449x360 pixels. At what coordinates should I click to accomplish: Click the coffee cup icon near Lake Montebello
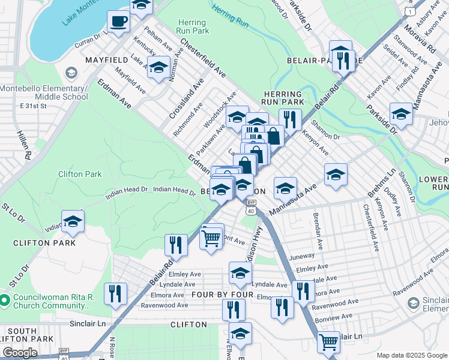click(x=118, y=22)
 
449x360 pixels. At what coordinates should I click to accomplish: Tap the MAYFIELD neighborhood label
click(x=106, y=61)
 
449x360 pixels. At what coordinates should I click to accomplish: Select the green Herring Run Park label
click(x=193, y=26)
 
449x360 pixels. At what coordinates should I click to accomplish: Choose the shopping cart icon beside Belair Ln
click(x=328, y=343)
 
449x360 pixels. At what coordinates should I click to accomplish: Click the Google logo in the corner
click(x=20, y=353)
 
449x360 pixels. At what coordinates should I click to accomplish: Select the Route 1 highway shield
click(x=409, y=11)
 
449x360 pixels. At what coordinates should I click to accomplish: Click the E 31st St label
click(x=34, y=106)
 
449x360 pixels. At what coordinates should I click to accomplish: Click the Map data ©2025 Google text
click(x=411, y=355)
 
